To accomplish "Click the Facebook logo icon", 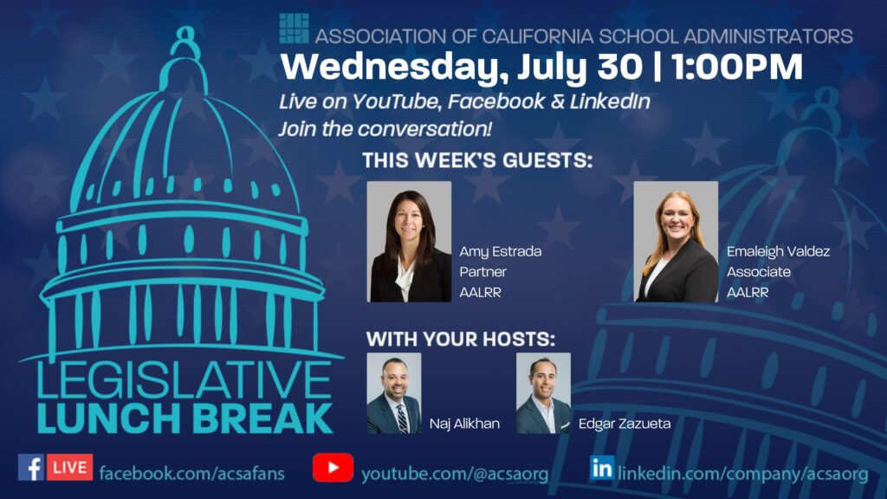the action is [x=31, y=467].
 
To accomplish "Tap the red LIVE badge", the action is [x=69, y=467].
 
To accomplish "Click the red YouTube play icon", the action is [x=333, y=467].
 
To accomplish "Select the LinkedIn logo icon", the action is [x=602, y=468].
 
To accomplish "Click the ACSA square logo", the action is [x=295, y=29].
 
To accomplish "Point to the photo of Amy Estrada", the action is [x=409, y=242].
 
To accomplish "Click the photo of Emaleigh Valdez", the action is [x=676, y=242].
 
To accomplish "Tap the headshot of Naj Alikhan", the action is [x=394, y=393].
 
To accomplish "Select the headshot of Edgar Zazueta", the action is [x=543, y=393].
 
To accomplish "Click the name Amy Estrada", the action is [x=500, y=252].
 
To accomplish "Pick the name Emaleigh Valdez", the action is [x=778, y=251].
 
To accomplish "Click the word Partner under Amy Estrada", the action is [x=482, y=272].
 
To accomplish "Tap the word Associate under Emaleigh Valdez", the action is [x=759, y=272].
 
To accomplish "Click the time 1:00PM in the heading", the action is [x=738, y=67].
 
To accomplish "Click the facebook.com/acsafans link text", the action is [x=191, y=473].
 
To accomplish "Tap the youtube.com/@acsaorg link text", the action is [x=455, y=474].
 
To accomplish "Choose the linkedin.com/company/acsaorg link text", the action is [x=742, y=474].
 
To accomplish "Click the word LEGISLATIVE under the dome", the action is [x=184, y=380].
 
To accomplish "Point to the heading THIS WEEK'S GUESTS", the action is [x=477, y=160].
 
